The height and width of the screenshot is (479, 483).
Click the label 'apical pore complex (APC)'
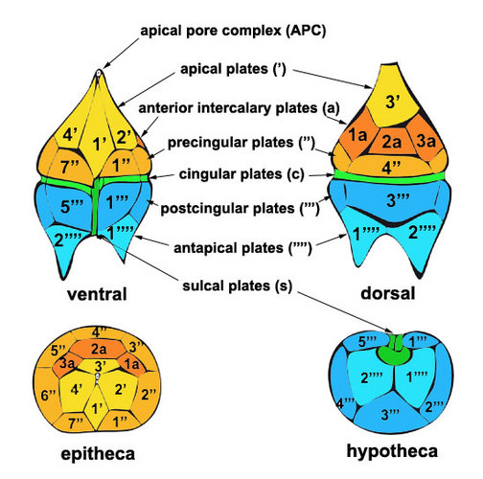233,31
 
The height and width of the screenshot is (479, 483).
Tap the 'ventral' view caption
97,294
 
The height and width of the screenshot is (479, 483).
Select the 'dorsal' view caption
388,293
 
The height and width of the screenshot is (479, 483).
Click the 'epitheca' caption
98,454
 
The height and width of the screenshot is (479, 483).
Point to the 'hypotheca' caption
392,451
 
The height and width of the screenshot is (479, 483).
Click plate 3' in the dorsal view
393,96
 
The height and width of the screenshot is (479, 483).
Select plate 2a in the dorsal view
392,141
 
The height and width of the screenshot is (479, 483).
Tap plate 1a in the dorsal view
357,136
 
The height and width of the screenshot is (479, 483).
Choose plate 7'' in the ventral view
71,166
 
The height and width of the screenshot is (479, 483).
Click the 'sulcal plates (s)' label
237,285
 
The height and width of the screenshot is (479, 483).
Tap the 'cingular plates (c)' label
241,174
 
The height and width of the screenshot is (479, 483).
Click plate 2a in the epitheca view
98,349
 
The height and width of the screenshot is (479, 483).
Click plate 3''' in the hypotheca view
390,414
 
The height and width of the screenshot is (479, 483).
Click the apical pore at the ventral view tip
99,73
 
